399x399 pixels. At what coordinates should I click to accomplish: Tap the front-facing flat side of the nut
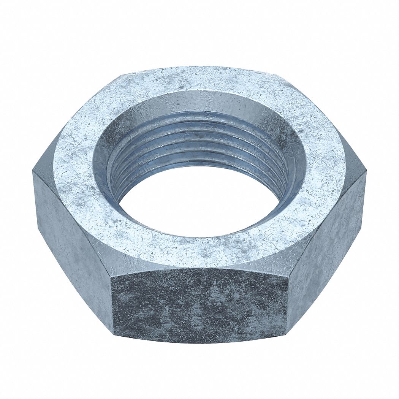[199, 304]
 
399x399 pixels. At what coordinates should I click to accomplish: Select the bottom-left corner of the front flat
[114, 334]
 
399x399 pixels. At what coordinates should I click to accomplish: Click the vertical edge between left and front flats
[112, 304]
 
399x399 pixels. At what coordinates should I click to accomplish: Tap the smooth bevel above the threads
[198, 103]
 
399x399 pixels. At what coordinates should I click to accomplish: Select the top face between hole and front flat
[198, 253]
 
